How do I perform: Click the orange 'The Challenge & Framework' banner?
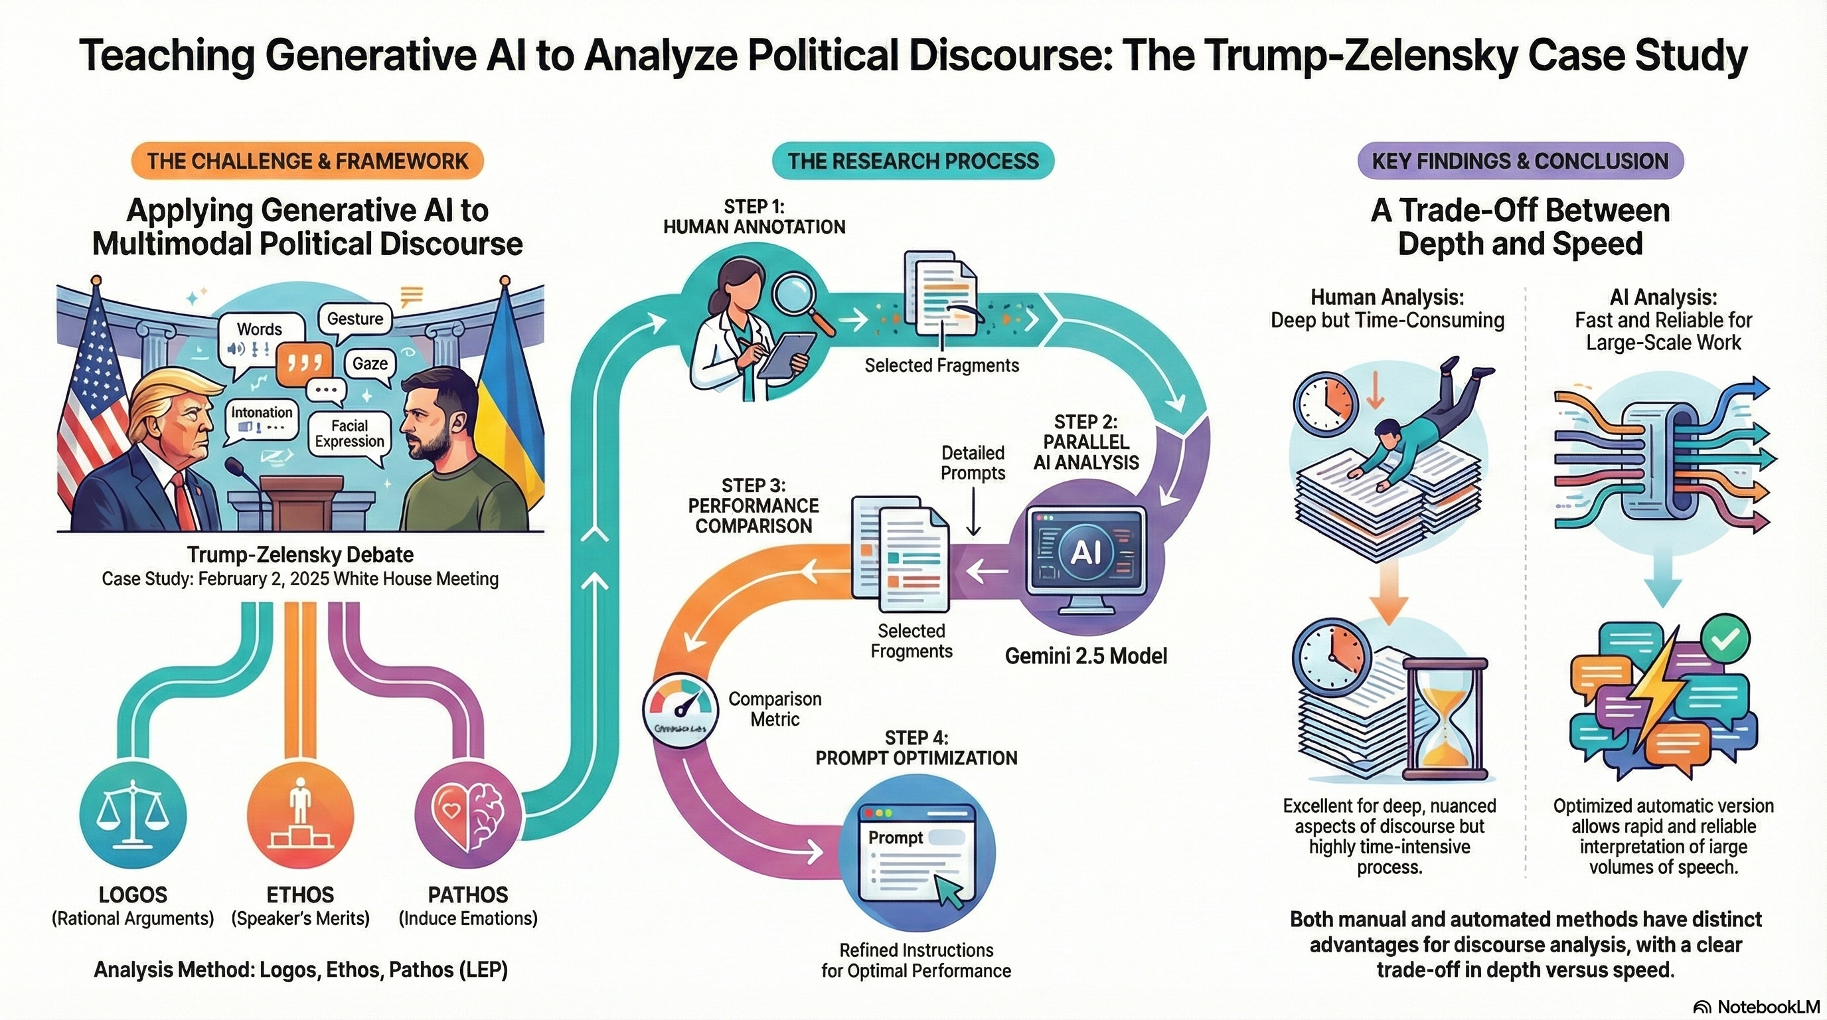point(307,161)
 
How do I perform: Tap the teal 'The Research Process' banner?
point(913,161)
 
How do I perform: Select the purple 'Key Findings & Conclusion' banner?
point(1520,161)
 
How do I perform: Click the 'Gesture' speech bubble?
point(355,319)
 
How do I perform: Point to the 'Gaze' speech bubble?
point(370,364)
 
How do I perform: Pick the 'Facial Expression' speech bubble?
point(350,434)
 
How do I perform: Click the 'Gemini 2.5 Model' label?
point(1086,656)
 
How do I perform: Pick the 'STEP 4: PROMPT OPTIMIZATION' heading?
point(916,748)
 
